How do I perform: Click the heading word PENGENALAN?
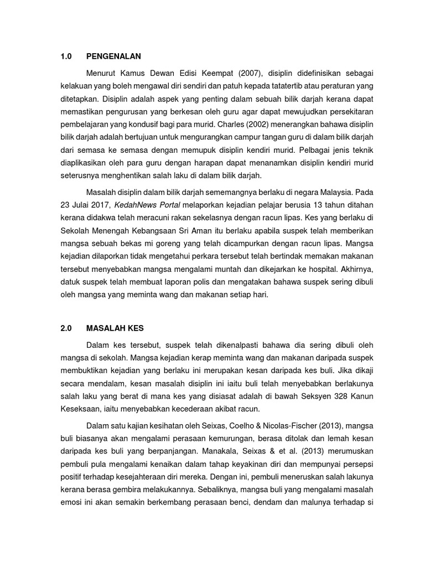[113, 56]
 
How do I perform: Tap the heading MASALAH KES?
[115, 328]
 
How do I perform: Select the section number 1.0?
[66, 56]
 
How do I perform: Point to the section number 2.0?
[66, 328]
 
